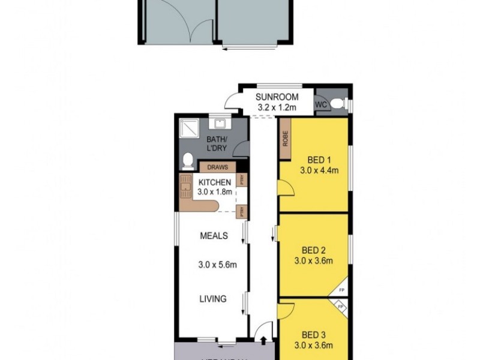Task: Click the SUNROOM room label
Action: [277, 97]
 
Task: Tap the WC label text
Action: [322, 104]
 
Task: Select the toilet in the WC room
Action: [338, 104]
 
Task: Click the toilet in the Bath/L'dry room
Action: [188, 160]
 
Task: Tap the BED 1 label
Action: [319, 160]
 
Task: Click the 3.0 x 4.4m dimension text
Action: [319, 170]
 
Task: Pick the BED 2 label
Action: [313, 250]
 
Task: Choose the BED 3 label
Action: [313, 334]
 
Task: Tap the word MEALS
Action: [214, 236]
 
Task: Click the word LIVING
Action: [213, 299]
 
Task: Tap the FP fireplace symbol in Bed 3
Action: [341, 307]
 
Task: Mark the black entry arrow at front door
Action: [264, 341]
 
